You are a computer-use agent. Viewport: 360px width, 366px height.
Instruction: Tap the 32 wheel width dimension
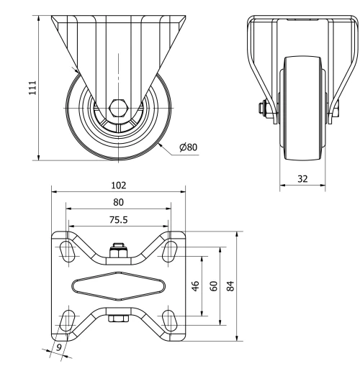click(302, 178)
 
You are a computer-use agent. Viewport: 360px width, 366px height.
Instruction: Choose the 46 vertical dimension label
click(195, 285)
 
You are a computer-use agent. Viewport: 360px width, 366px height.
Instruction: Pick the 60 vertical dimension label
click(213, 285)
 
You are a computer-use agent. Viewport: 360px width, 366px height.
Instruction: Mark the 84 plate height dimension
click(230, 285)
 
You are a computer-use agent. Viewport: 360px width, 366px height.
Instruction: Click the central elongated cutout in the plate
click(118, 285)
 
